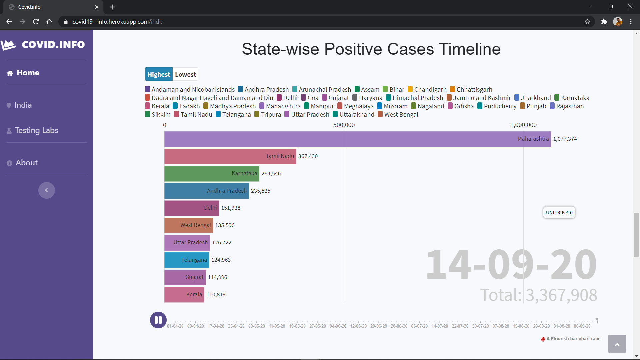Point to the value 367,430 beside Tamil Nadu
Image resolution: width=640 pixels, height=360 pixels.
click(x=308, y=156)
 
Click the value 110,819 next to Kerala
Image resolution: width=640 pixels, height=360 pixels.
click(x=216, y=295)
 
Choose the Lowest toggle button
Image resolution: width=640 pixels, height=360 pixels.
click(x=185, y=74)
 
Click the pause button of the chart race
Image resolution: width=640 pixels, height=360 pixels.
click(x=158, y=320)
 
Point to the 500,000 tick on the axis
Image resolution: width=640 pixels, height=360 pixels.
click(x=344, y=125)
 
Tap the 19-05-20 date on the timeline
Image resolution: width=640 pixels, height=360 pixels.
click(x=297, y=326)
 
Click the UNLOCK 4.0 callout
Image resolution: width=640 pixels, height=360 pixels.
click(x=559, y=213)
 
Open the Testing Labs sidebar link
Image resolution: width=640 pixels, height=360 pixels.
click(x=36, y=130)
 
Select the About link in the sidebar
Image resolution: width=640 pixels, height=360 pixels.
click(x=27, y=163)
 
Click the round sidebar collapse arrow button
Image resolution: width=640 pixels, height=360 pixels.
click(x=47, y=190)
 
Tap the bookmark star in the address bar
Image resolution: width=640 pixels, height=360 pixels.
click(x=587, y=22)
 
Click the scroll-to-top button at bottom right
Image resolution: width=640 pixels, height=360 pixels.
click(x=617, y=344)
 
